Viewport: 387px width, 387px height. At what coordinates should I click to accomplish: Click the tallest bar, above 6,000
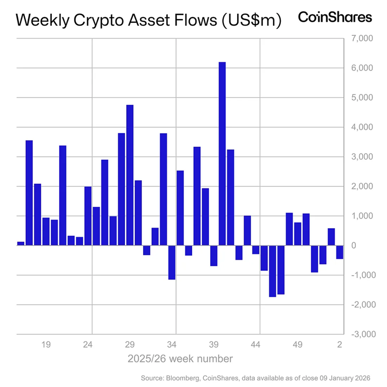pos(222,154)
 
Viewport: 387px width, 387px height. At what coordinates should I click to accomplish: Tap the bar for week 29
pos(130,175)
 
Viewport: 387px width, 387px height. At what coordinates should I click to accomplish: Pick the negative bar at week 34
pos(172,262)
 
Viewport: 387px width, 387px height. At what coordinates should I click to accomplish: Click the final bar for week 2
pos(339,252)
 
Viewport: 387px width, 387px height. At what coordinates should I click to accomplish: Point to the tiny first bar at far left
pos(21,243)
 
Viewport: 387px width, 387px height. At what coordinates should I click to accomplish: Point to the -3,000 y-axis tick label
pos(362,334)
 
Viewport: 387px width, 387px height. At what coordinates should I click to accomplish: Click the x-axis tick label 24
pos(88,345)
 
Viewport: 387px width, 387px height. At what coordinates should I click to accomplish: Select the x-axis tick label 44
pos(256,345)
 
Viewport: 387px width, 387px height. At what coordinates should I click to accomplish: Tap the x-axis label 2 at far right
pos(341,345)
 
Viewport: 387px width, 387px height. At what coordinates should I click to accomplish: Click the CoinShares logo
pos(335,17)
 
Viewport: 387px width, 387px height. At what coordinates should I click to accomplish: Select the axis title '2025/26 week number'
pos(180,359)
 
